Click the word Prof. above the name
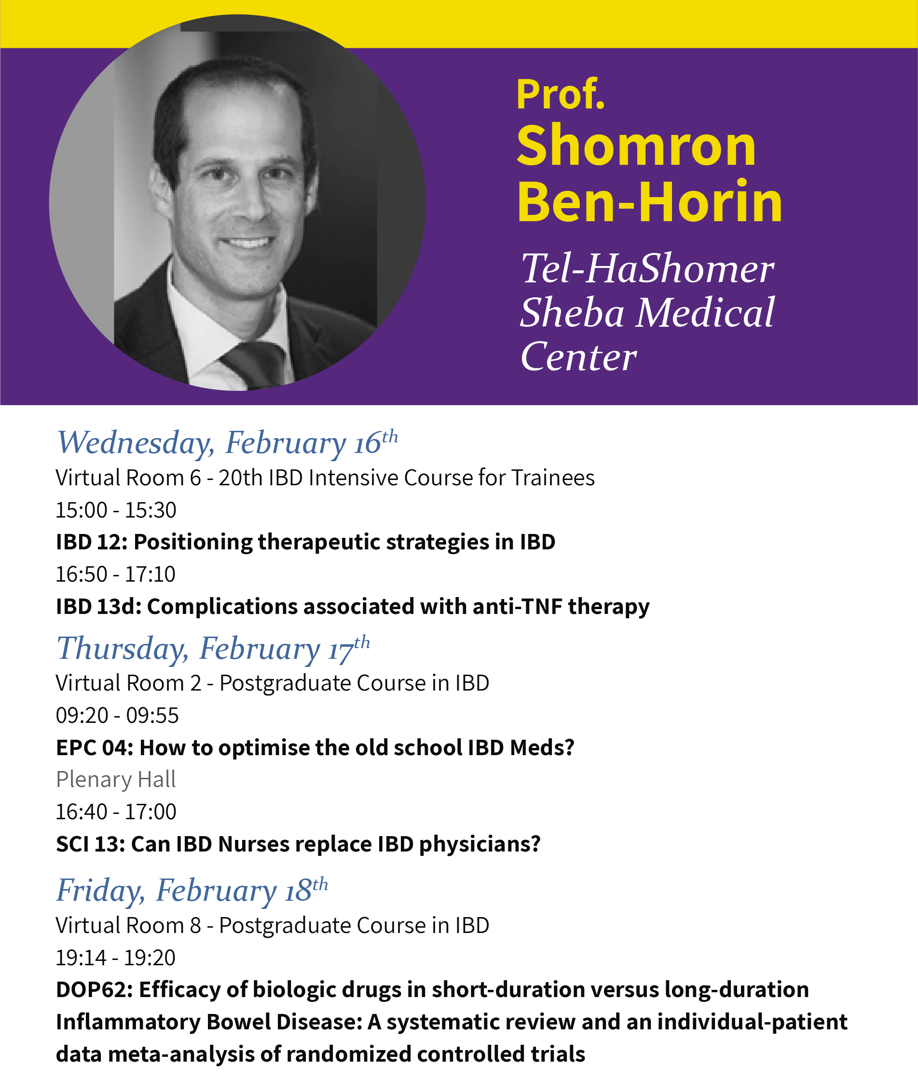[x=561, y=94]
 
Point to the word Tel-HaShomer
[x=648, y=269]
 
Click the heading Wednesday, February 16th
[x=227, y=443]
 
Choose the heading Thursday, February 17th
[x=213, y=649]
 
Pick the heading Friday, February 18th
[x=192, y=890]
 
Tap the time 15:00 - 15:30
[x=116, y=510]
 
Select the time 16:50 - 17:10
[x=115, y=574]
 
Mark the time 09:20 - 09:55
[x=117, y=716]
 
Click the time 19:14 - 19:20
[x=115, y=958]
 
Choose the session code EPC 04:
[x=95, y=748]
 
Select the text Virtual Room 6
[x=128, y=478]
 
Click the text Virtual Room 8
[x=128, y=926]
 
